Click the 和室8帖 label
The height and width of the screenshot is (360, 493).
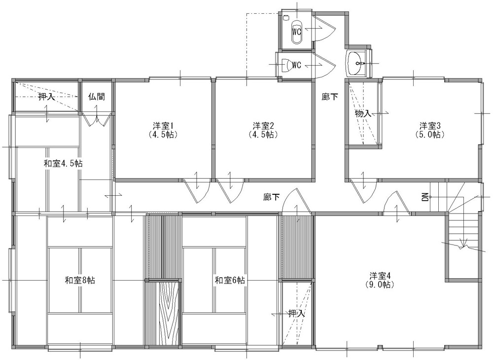coord(80,280)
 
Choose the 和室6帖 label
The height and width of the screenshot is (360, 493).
coord(230,280)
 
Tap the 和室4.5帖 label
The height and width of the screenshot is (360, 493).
coord(63,164)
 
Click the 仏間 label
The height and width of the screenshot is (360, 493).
coord(97,97)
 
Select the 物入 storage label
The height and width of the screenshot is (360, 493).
coord(363,113)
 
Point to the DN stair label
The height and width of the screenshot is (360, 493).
coord(425,197)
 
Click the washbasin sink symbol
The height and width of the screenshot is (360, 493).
coord(356,63)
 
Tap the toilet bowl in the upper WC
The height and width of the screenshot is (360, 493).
coord(297,32)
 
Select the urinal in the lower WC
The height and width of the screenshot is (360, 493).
coord(286,65)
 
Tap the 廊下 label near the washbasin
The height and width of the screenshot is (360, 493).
coord(329,97)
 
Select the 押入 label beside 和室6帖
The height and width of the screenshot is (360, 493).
coord(296,313)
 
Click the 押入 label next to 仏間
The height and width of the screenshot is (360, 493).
coord(46,97)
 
